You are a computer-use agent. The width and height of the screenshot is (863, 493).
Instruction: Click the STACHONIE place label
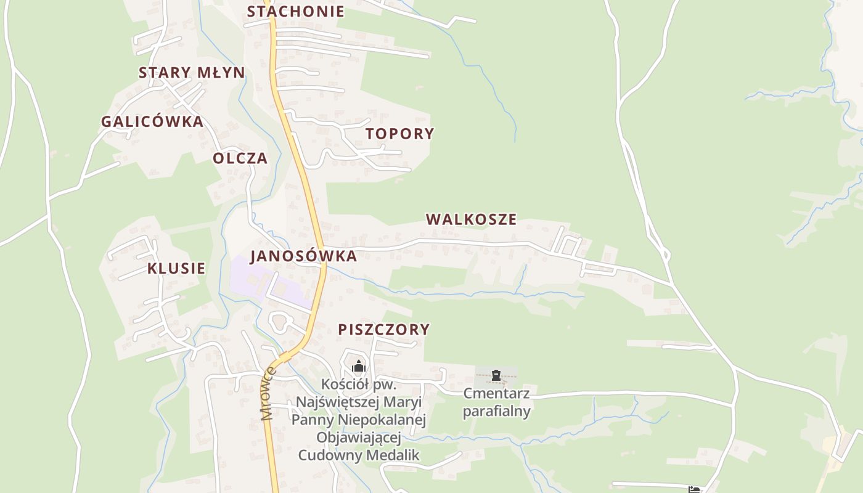295,12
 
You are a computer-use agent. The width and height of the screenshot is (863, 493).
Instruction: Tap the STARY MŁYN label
192,73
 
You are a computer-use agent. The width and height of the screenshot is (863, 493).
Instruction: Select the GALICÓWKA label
152,121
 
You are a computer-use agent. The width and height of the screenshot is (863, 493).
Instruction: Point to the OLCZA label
240,158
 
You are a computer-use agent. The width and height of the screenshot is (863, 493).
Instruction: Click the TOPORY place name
399,134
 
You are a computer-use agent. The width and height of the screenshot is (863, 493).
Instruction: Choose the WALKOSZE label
471,219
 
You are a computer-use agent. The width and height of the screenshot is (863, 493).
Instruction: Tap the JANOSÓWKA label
303,256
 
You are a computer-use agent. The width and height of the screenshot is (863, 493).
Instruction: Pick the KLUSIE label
176,269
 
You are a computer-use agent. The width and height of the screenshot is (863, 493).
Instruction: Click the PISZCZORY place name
383,330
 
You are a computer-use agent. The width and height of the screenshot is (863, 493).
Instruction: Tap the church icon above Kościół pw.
359,367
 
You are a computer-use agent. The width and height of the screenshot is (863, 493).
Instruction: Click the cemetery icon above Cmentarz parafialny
496,375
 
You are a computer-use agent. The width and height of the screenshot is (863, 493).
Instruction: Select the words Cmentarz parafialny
496,402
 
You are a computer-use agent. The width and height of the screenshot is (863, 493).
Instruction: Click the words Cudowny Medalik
359,455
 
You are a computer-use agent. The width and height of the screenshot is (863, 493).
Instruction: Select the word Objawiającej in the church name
359,438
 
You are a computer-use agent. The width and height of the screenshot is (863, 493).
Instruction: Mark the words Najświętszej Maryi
359,402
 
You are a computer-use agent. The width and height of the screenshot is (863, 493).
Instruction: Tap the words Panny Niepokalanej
359,420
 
